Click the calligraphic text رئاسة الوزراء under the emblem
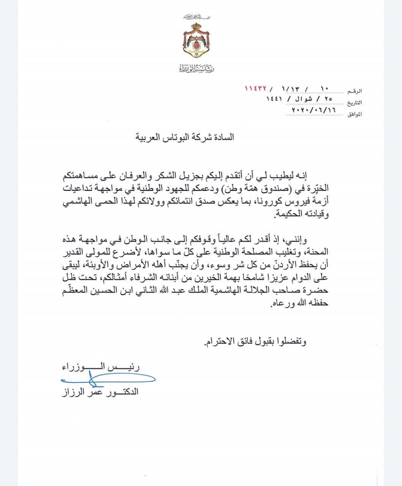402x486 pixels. tap(196, 68)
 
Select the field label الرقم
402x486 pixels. tap(355, 91)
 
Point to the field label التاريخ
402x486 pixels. tap(354, 103)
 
